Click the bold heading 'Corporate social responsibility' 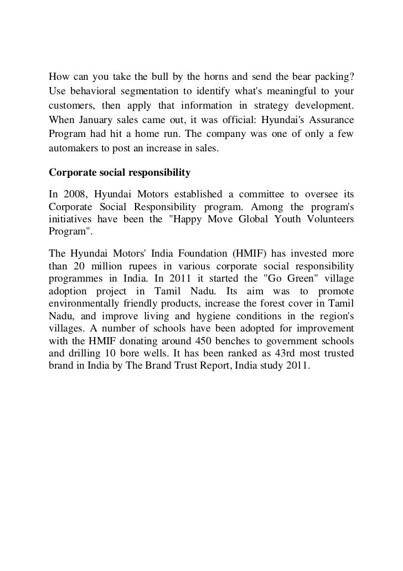[120, 173]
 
